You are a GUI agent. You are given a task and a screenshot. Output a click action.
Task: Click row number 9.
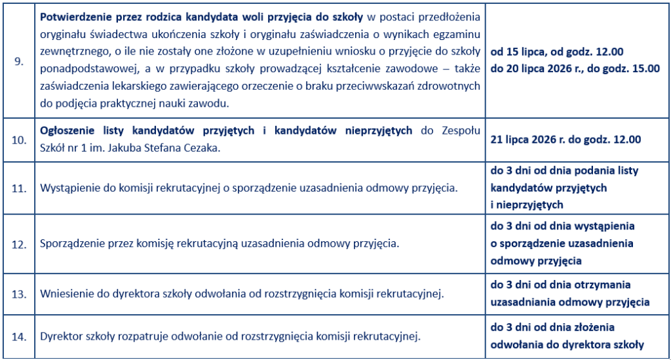pyautogui.click(x=19, y=61)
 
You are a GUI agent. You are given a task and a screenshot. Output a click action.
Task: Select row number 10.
pyautogui.click(x=19, y=139)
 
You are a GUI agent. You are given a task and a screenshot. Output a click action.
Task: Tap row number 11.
pyautogui.click(x=19, y=188)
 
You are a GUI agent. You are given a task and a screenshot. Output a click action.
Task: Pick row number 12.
pyautogui.click(x=19, y=244)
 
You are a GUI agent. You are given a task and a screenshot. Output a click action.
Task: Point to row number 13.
pyautogui.click(x=19, y=294)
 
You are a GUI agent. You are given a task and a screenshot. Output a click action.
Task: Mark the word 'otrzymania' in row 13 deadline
pyautogui.click(x=604, y=285)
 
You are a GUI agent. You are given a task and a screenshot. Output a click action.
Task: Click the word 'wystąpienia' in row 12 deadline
pyautogui.click(x=604, y=227)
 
